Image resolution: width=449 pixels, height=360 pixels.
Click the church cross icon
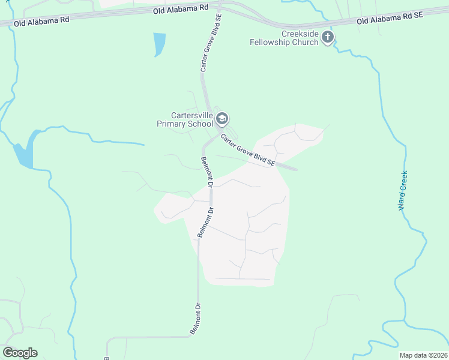(328, 37)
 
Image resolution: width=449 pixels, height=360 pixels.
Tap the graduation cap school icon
(222, 119)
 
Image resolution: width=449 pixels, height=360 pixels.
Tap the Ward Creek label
(403, 191)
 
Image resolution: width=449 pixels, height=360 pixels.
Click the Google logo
(20, 353)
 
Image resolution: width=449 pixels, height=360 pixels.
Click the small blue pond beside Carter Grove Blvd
(159, 44)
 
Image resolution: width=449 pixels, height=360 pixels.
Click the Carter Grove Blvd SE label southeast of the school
(247, 150)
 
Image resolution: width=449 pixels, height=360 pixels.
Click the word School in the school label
(200, 124)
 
